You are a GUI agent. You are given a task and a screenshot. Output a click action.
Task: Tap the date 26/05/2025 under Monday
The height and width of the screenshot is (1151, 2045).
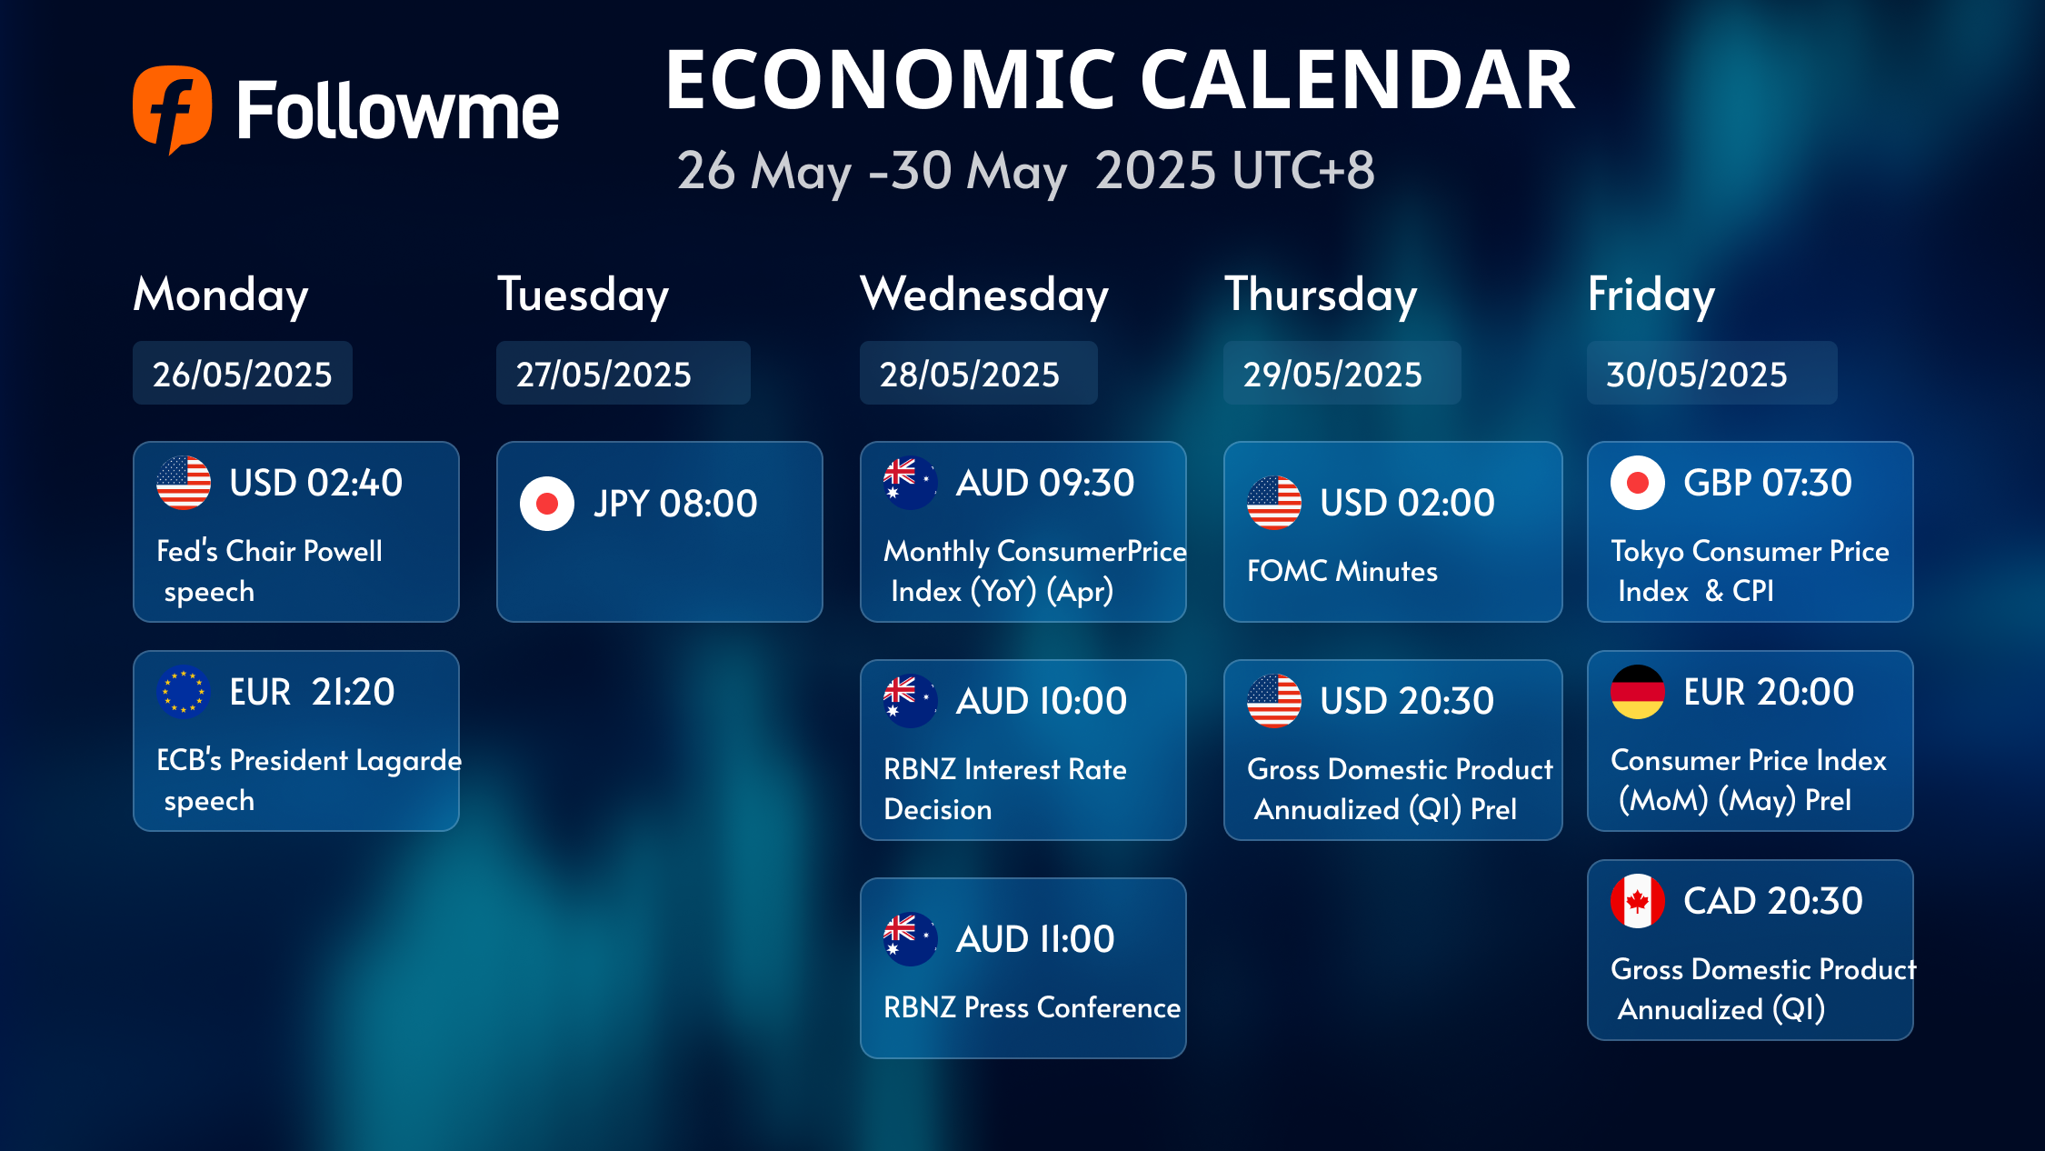click(x=243, y=374)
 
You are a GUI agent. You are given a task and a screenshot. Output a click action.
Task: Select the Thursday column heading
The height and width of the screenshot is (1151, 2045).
click(x=1321, y=295)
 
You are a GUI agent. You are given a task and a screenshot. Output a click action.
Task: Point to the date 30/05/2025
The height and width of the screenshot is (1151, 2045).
click(x=1697, y=374)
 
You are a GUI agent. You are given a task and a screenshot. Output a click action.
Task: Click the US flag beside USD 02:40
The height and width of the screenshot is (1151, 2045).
click(x=184, y=483)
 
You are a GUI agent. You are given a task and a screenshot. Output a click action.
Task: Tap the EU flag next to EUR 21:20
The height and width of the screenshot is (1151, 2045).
click(x=184, y=692)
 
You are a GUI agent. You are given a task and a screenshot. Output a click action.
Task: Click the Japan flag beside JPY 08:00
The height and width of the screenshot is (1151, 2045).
click(x=547, y=503)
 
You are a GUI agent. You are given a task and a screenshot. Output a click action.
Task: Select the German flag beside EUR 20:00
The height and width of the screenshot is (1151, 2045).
click(x=1638, y=692)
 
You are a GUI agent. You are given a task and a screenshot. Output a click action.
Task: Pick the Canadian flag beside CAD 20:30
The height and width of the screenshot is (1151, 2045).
click(x=1638, y=901)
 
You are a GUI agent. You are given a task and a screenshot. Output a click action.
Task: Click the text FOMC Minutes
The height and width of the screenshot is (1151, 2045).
click(x=1342, y=571)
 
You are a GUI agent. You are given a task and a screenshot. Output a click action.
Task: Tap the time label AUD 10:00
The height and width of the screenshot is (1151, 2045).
click(x=1042, y=701)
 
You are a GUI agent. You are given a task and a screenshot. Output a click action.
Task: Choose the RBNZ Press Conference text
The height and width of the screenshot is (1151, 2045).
click(x=1032, y=1007)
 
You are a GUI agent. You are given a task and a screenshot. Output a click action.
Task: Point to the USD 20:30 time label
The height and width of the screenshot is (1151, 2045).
click(x=1407, y=701)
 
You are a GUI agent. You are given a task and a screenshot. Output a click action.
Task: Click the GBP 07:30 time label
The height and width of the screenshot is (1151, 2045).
click(x=1768, y=483)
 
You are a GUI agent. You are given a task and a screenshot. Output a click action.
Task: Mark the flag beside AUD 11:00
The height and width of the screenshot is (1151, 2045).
click(x=911, y=939)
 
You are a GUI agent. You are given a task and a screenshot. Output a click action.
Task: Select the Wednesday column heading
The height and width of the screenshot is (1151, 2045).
click(x=984, y=295)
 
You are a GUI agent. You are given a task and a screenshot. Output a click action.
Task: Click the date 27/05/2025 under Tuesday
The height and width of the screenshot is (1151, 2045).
click(x=604, y=374)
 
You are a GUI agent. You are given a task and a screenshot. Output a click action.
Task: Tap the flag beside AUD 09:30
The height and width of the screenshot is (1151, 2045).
click(x=911, y=483)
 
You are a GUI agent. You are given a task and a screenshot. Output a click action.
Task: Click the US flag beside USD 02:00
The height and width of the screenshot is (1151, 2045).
click(x=1274, y=503)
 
